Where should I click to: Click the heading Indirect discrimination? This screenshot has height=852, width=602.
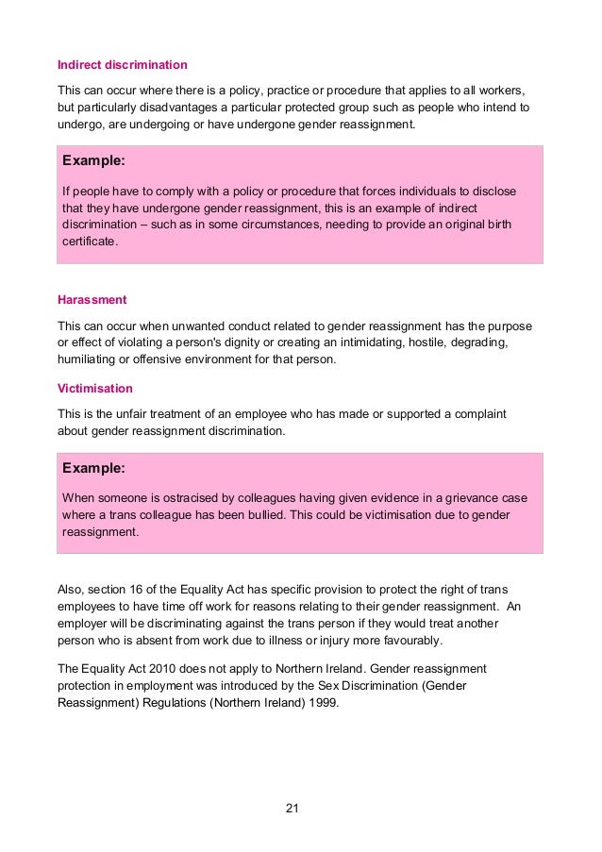(x=122, y=65)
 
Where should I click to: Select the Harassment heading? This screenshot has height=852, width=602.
(x=92, y=300)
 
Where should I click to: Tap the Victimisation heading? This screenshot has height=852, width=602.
(x=94, y=389)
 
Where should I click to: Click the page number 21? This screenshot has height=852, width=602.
(x=292, y=809)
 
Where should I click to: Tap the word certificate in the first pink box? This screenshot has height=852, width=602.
(x=90, y=242)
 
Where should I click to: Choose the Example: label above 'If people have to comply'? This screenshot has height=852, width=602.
(x=93, y=161)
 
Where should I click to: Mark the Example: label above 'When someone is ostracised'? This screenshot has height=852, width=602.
(x=93, y=468)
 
